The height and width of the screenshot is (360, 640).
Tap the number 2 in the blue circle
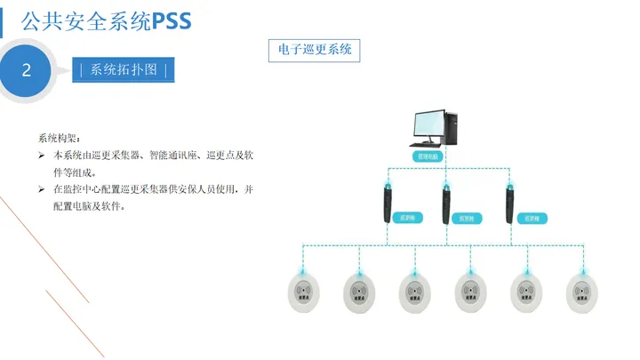tap(27, 70)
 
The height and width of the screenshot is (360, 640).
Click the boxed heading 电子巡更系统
tap(315, 50)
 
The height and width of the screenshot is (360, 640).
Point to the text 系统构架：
tap(59, 138)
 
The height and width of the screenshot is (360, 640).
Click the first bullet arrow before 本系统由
tap(42, 156)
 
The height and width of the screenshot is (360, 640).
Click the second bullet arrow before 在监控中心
tap(42, 189)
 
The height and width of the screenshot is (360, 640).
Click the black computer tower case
tap(451, 129)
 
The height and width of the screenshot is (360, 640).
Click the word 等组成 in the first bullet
tap(75, 172)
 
